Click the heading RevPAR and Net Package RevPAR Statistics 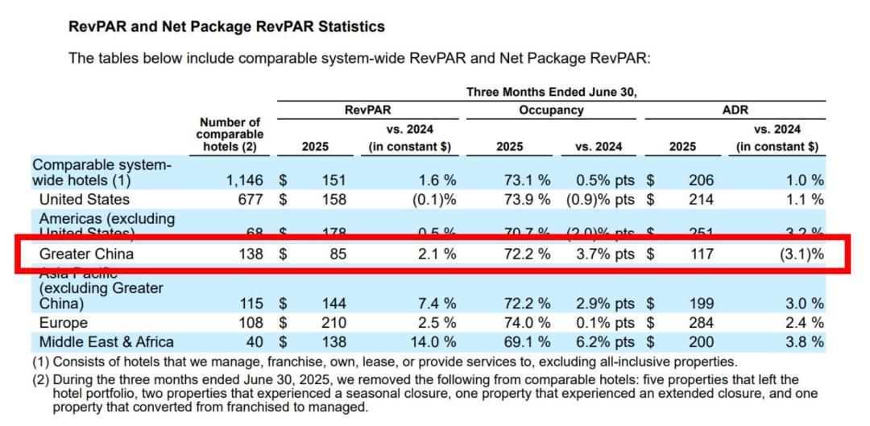(226, 27)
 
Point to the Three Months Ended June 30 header (551, 92)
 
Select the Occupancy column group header (551, 110)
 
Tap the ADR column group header (735, 110)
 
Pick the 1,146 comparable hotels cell (240, 180)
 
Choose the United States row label (84, 199)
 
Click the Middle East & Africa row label (106, 342)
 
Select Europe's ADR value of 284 (701, 324)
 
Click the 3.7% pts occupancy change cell (603, 254)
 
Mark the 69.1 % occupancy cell (524, 342)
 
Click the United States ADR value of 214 (701, 199)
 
